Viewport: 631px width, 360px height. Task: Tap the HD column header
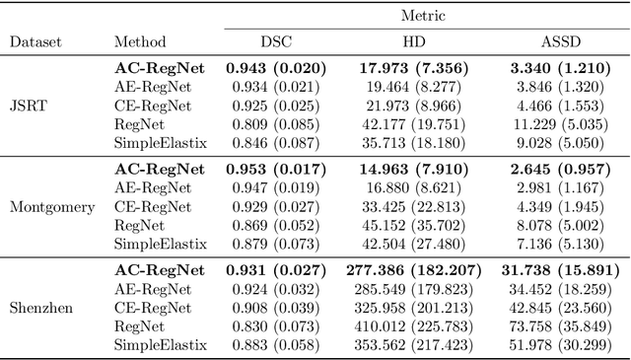coord(413,41)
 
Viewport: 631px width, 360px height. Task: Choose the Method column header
coord(139,41)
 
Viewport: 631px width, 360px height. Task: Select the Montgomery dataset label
coord(51,207)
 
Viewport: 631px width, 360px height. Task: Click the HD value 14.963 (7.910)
coord(413,169)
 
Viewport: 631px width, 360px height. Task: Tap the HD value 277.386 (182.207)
coord(413,269)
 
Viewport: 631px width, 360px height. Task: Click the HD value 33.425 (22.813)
coord(413,206)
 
